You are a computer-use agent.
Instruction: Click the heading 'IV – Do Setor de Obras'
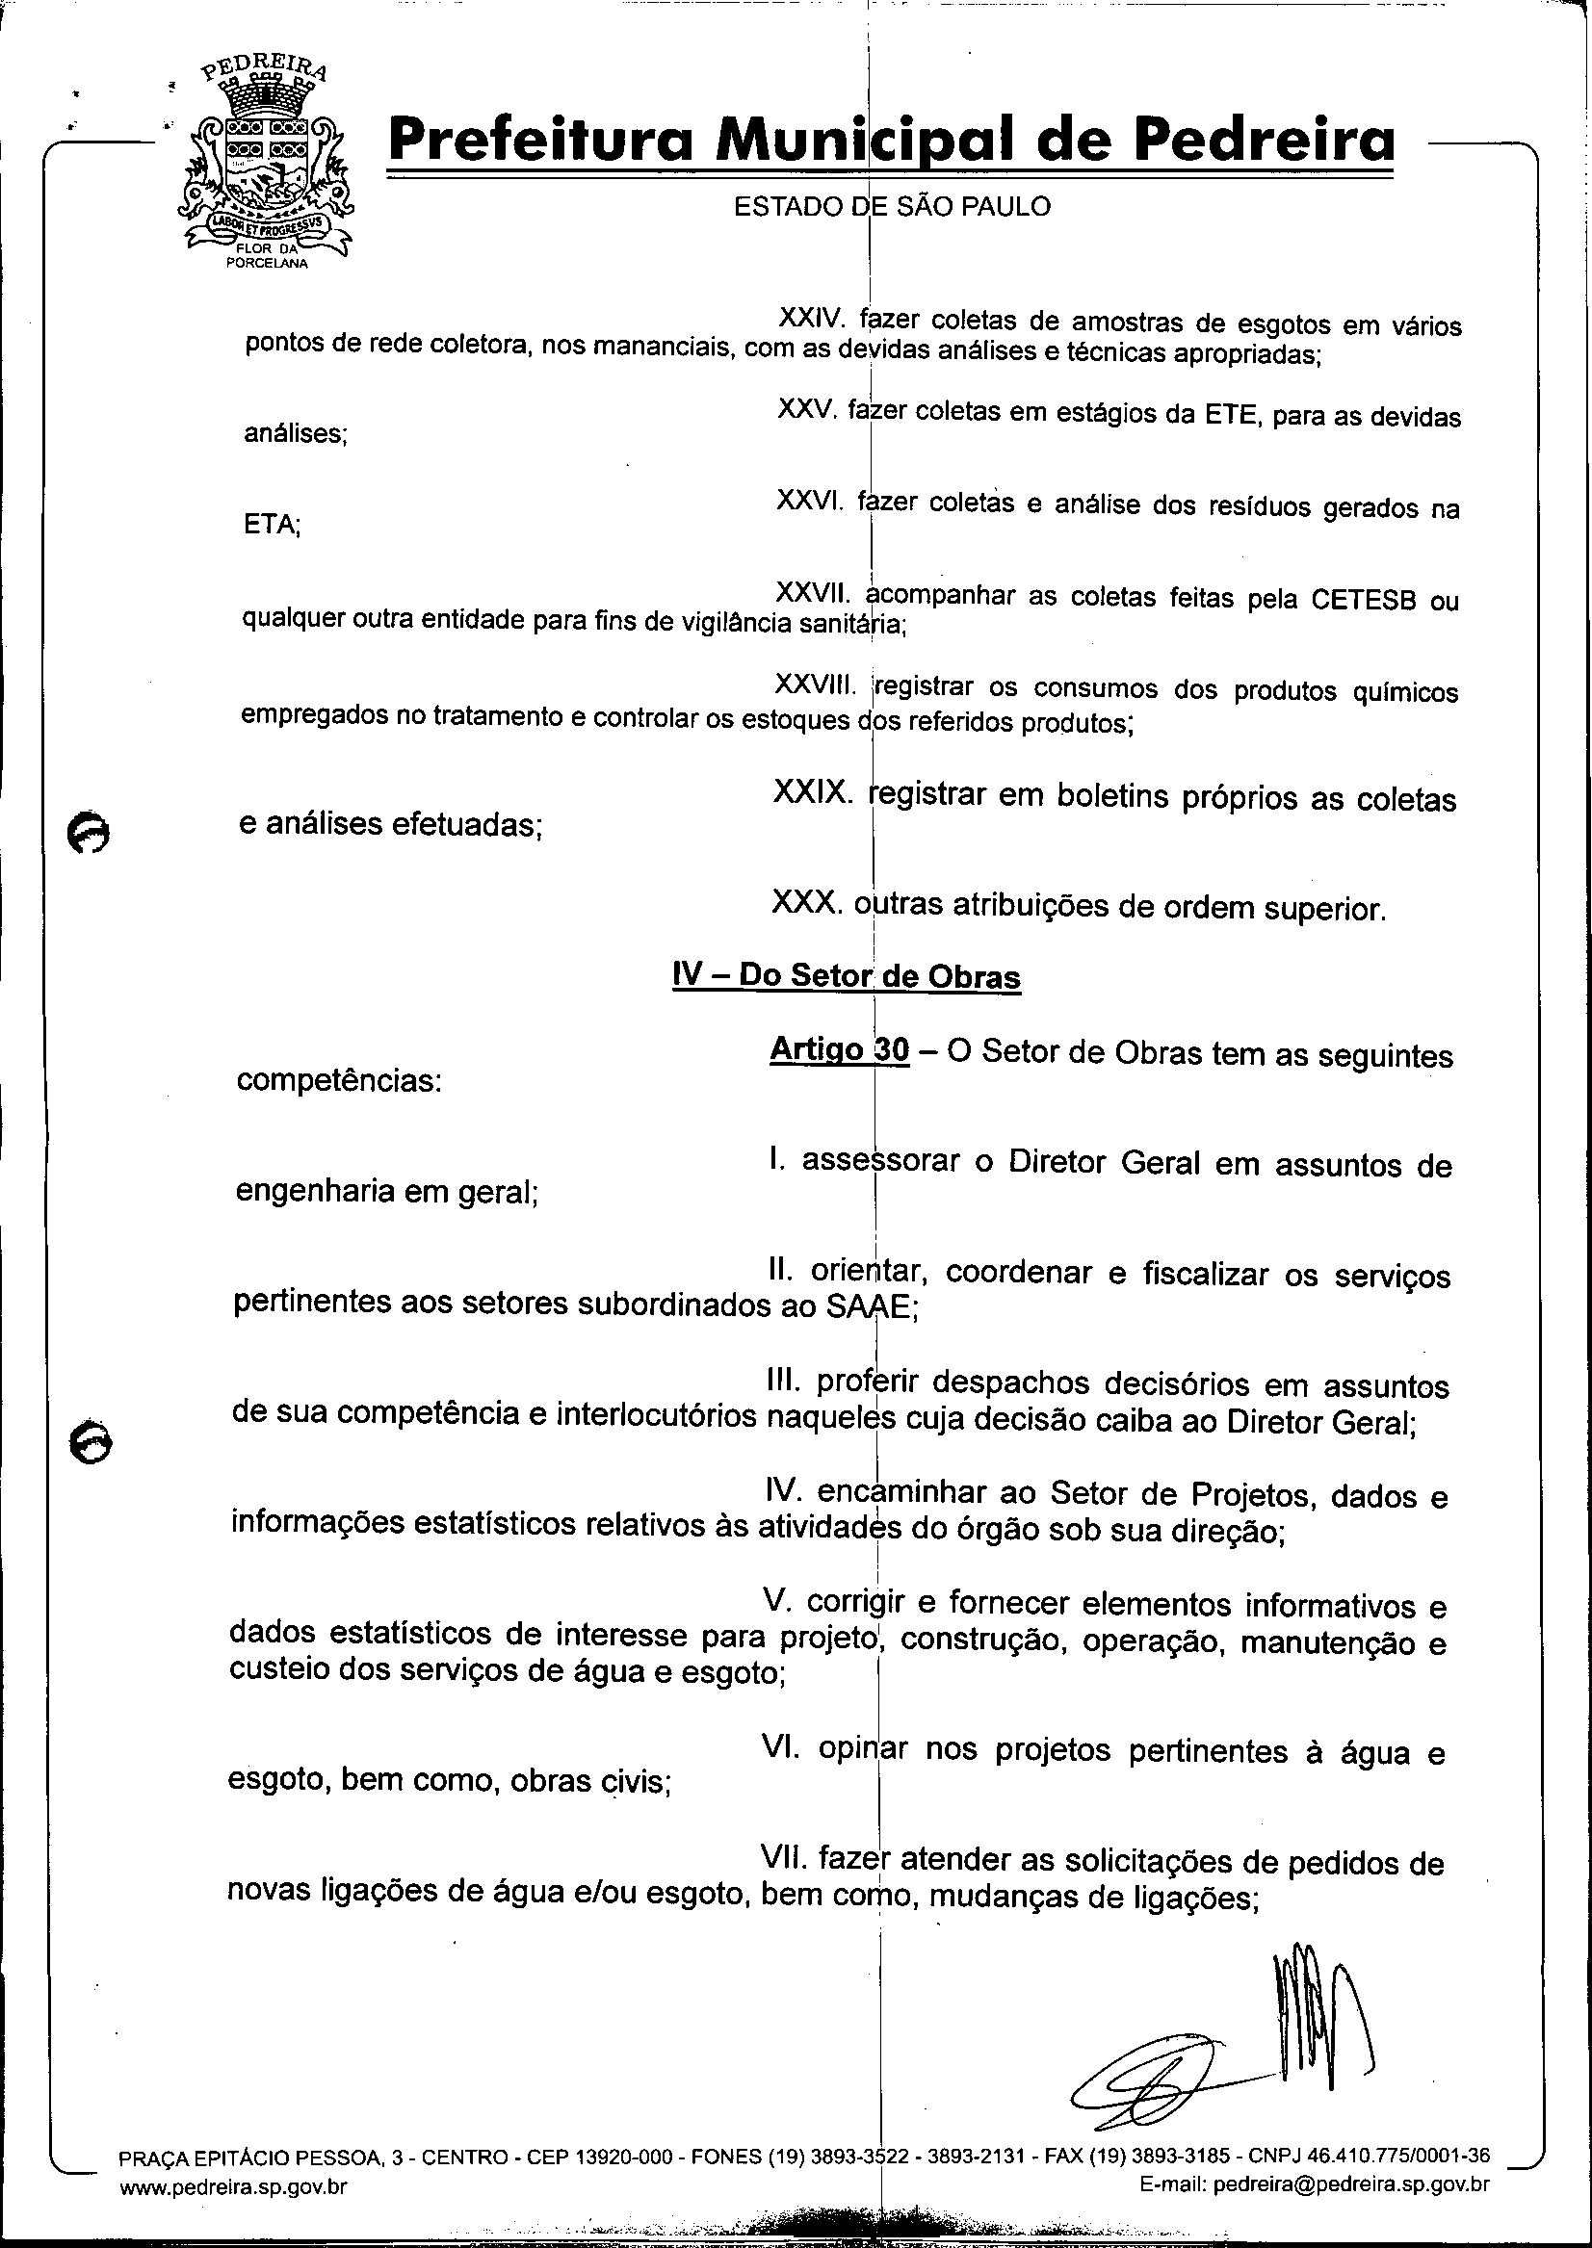846,975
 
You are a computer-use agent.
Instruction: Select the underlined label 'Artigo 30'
839,1049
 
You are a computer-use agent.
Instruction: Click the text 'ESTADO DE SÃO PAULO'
892,207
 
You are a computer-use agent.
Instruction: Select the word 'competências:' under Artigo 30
338,1081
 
